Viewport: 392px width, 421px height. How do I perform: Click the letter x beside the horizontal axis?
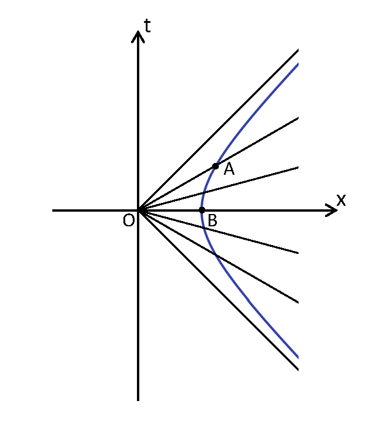point(341,200)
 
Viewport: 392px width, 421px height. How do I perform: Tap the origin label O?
point(129,220)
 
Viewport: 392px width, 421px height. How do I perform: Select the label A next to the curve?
point(229,169)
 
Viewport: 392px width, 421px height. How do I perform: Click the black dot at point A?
point(216,166)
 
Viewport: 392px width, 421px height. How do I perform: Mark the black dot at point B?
point(202,210)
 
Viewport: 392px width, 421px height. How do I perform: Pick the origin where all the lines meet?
point(138,210)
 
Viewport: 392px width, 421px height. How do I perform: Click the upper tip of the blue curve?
point(298,64)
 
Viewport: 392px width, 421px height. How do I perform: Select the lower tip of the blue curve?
point(298,357)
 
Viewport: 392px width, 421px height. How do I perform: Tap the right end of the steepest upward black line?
point(298,51)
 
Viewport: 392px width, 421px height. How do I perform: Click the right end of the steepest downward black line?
point(298,370)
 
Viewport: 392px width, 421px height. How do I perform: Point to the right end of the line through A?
point(298,118)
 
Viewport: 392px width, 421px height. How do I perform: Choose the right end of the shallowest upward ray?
point(298,168)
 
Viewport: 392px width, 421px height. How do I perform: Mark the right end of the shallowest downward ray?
point(298,253)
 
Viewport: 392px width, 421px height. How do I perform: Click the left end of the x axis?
point(53,210)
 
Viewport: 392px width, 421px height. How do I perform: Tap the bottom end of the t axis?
point(138,400)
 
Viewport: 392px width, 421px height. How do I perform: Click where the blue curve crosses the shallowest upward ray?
point(204,193)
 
